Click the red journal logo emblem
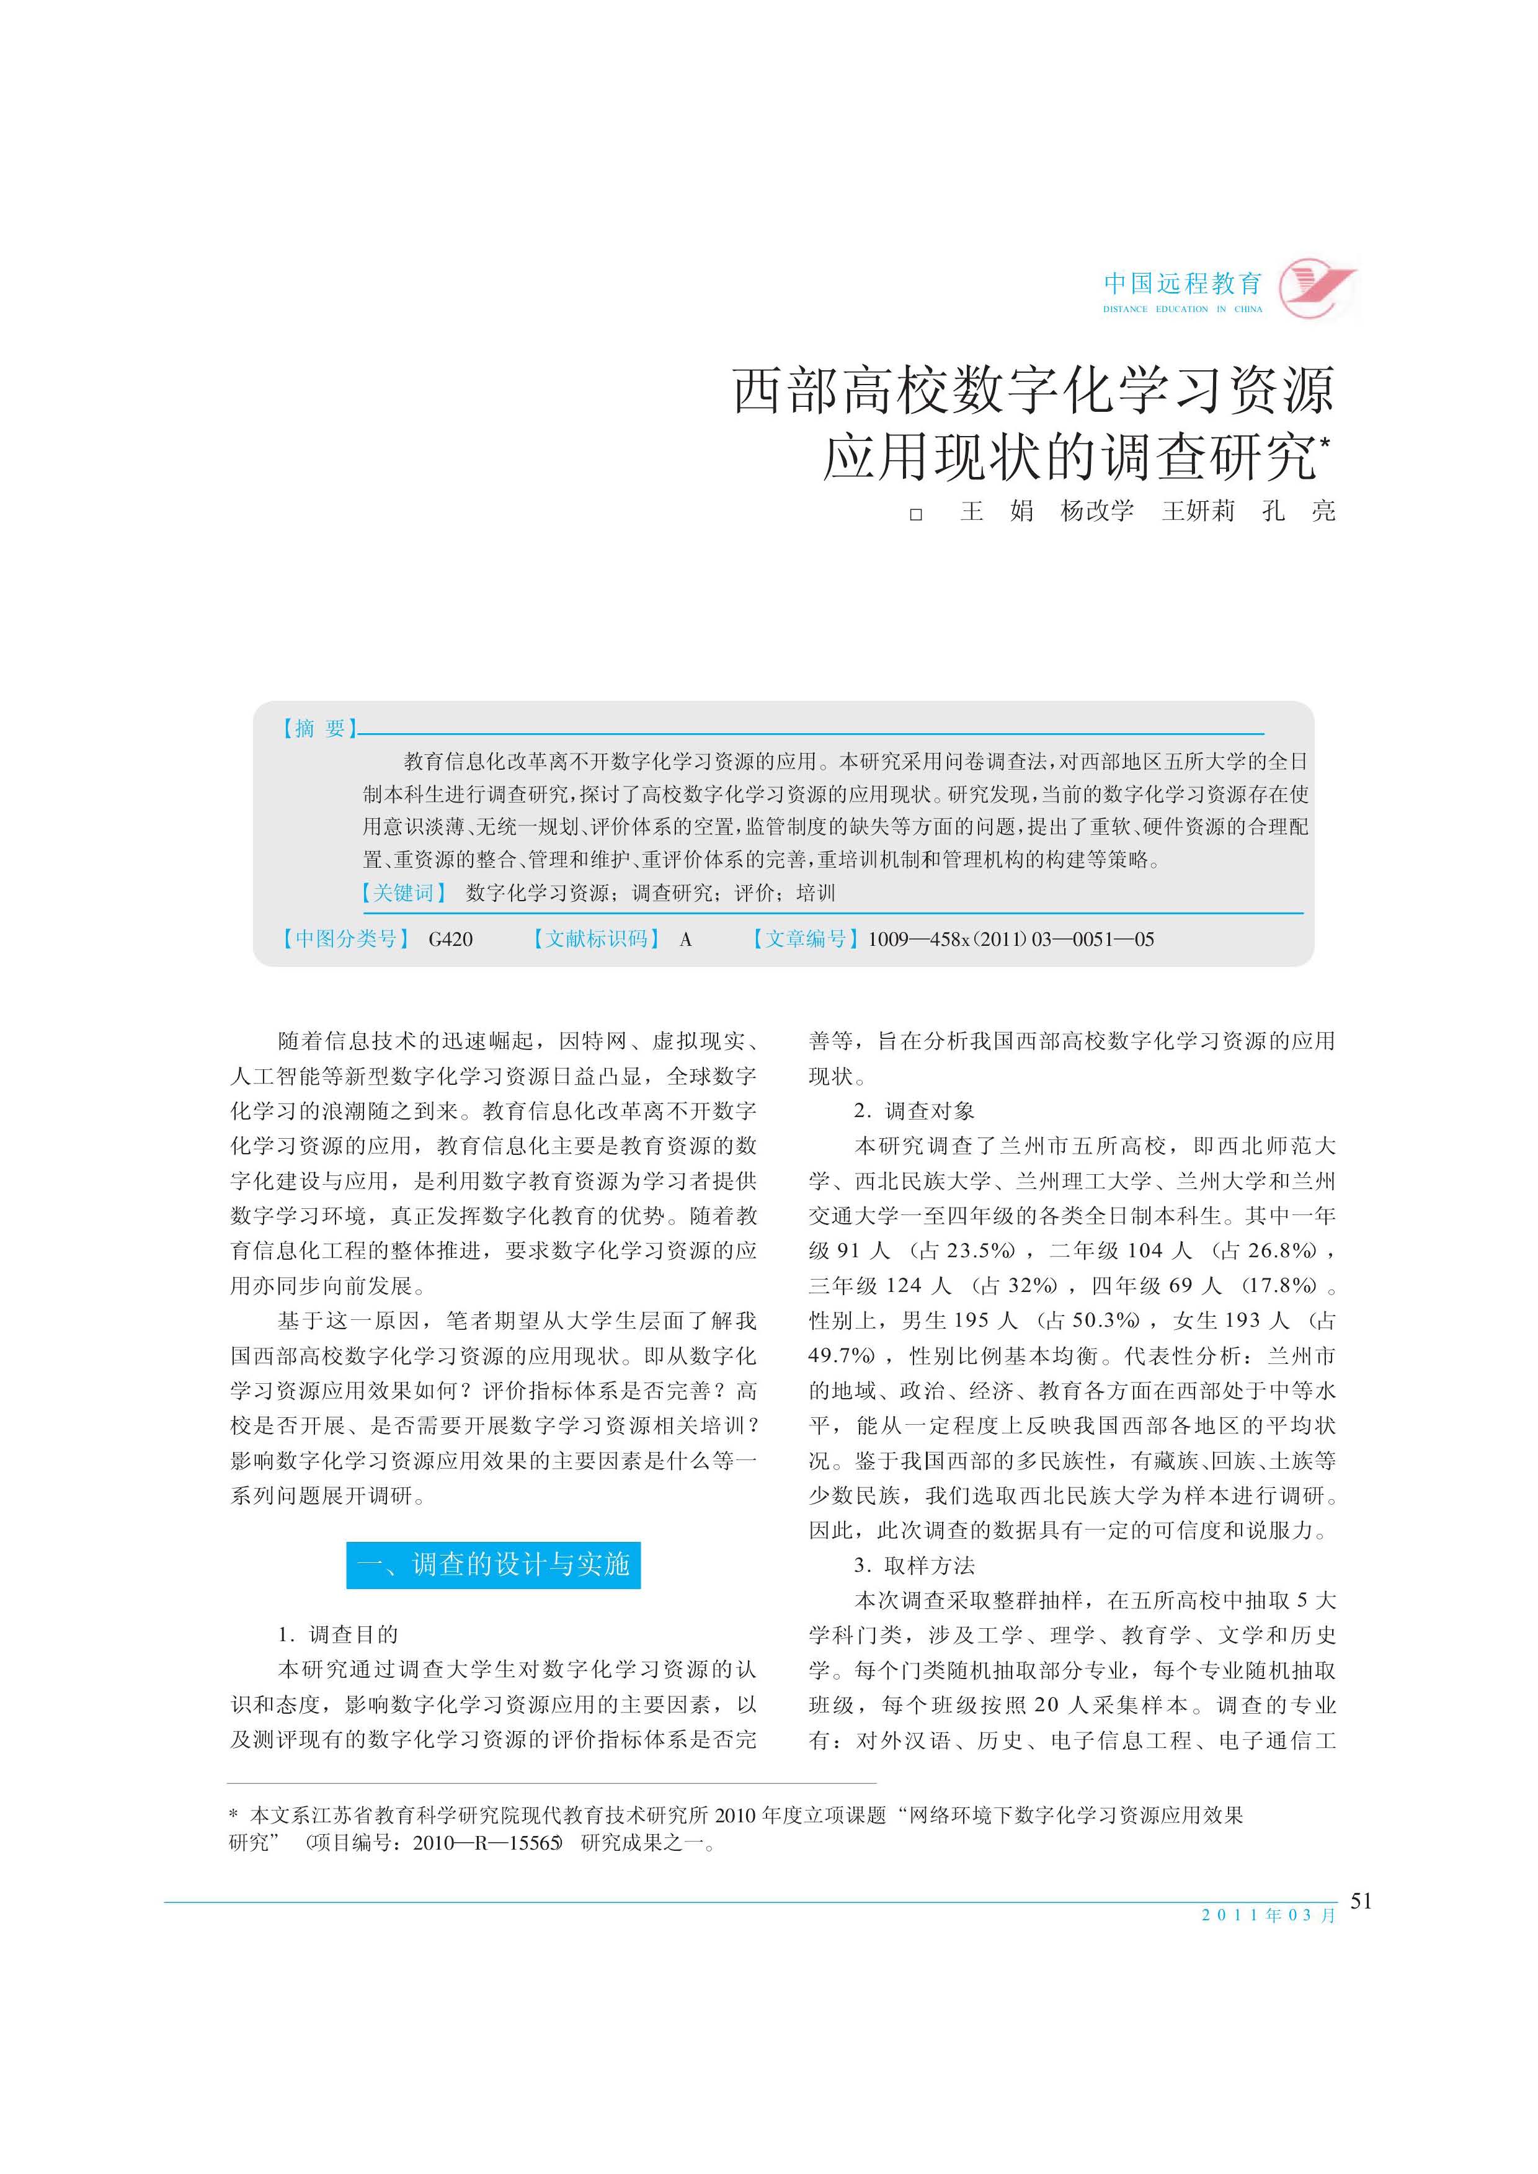(x=1317, y=287)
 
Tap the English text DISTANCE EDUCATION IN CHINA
(x=1182, y=309)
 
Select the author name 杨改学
(x=1096, y=512)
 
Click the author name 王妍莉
(x=1198, y=512)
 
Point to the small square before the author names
(x=916, y=514)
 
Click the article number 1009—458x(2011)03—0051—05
(x=1010, y=940)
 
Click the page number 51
(x=1361, y=1900)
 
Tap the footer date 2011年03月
(x=1268, y=1915)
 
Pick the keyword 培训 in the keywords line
(x=816, y=893)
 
